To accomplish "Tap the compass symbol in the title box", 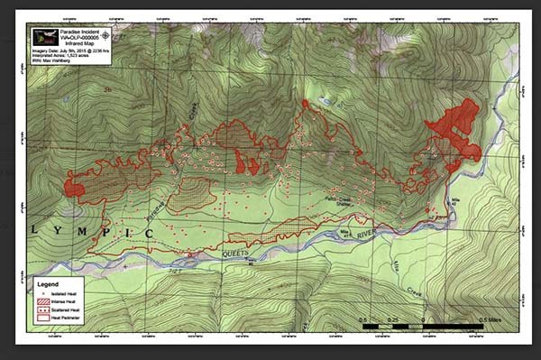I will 106,34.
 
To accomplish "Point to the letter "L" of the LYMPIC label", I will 35,229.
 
